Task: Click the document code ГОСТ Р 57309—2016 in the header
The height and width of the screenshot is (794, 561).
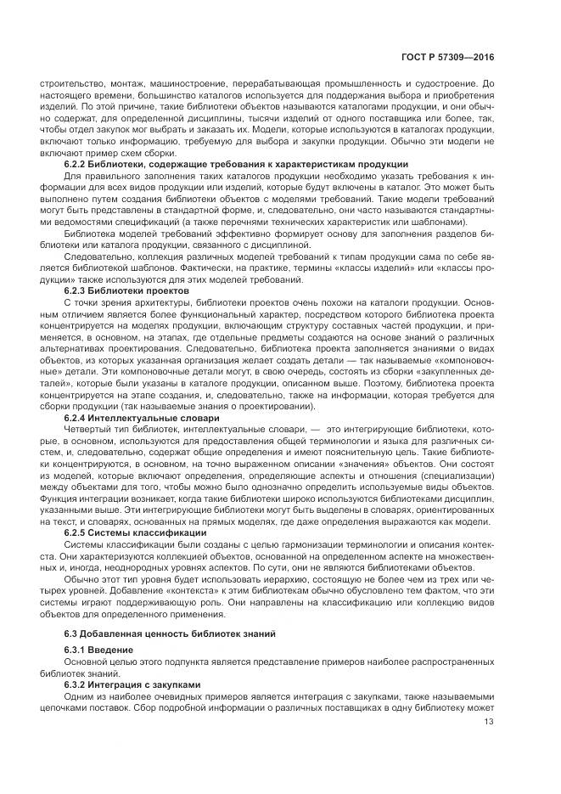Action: tap(447, 57)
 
